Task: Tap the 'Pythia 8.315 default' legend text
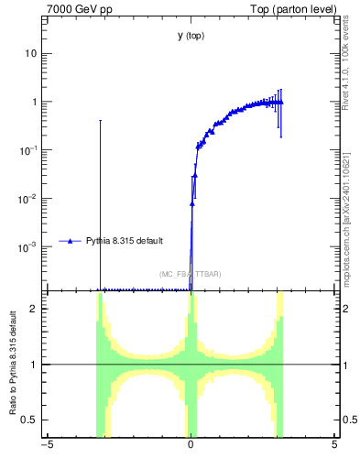[x=125, y=241]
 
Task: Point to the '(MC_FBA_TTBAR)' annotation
[x=190, y=274]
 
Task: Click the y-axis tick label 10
[x=31, y=53]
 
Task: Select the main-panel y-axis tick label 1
[x=34, y=102]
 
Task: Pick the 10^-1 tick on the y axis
[x=29, y=149]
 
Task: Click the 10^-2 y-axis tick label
[x=29, y=198]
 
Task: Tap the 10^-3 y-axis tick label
[x=29, y=246]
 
